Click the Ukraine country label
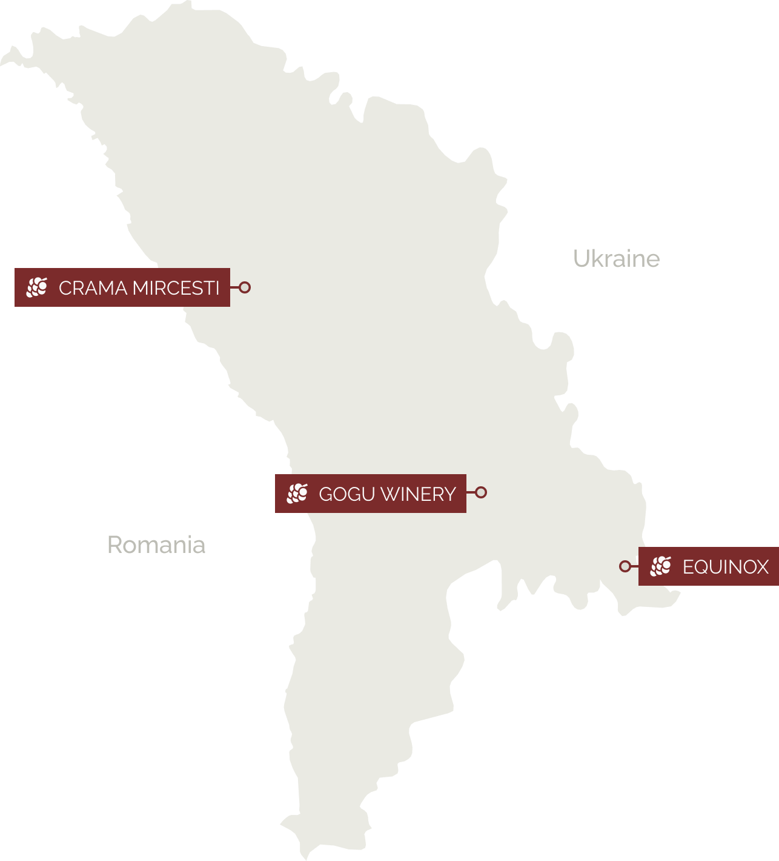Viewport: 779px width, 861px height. tap(616, 259)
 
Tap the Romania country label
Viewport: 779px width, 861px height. tap(156, 545)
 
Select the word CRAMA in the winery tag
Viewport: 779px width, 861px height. tap(93, 288)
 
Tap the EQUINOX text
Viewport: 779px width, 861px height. tap(725, 568)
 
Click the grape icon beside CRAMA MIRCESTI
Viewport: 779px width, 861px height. tap(37, 287)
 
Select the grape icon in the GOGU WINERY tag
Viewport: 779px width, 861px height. tap(297, 494)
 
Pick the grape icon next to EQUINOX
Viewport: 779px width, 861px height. tap(661, 566)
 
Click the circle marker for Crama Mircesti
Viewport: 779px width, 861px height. tap(245, 287)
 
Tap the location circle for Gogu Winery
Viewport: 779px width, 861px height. tap(481, 492)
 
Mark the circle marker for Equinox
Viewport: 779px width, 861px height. tap(625, 566)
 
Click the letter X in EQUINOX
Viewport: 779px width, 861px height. tap(762, 568)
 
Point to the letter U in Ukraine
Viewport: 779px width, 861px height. tap(581, 259)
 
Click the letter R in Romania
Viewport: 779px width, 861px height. tap(114, 545)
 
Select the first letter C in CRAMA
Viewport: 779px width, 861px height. tap(65, 288)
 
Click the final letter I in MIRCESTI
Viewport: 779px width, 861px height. tap(217, 288)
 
